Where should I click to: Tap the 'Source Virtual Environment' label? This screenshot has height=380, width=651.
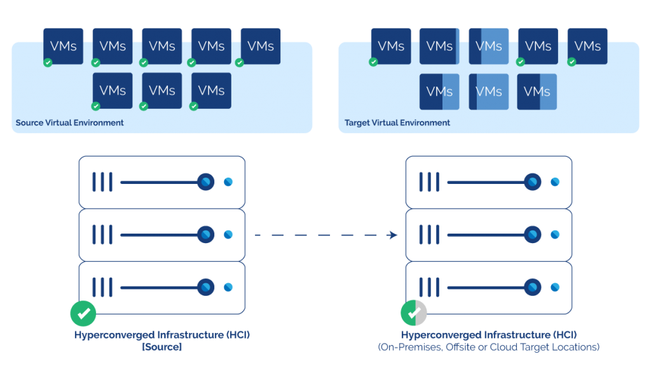[x=70, y=122]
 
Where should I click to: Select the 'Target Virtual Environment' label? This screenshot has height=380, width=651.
[x=397, y=122]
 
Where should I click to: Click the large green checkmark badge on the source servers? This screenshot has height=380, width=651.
[x=83, y=313]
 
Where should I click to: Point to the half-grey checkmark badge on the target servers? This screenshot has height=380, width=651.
[x=414, y=313]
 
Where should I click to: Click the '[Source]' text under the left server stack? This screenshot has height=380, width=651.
[x=161, y=347]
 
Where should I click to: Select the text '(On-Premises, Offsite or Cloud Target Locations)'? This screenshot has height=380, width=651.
[x=488, y=347]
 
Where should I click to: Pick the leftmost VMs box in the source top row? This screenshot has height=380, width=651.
[x=64, y=46]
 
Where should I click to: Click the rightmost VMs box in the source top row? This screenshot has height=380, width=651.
[x=260, y=46]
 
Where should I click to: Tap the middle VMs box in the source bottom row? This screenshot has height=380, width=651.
[x=162, y=90]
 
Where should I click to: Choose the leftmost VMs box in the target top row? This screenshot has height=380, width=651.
[x=390, y=46]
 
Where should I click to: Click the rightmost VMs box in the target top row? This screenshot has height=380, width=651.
[x=587, y=46]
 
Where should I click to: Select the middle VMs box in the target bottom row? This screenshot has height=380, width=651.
[x=488, y=92]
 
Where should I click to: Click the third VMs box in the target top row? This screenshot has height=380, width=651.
[x=488, y=46]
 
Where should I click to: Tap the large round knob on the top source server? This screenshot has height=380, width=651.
[x=205, y=182]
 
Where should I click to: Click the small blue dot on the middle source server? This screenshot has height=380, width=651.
[x=228, y=235]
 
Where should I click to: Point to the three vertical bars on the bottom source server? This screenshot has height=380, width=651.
[x=102, y=288]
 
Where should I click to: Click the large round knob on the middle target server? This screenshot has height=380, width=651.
[x=532, y=235]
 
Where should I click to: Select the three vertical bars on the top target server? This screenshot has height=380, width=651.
[x=428, y=182]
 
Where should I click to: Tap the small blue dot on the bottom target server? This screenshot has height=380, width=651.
[x=555, y=288]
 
